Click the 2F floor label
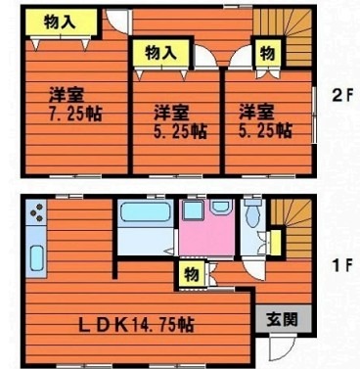[x=342, y=96]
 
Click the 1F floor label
[x=342, y=265]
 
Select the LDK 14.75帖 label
[x=137, y=325]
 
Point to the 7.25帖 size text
[x=75, y=114]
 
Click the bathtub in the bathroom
[x=146, y=211]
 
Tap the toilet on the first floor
[x=252, y=213]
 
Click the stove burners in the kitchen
[x=36, y=212]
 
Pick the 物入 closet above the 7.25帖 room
[x=62, y=22]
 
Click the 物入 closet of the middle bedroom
[x=161, y=53]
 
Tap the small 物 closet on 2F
[x=268, y=53]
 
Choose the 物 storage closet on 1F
[x=192, y=274]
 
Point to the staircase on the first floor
[x=292, y=228]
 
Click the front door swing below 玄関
[x=282, y=348]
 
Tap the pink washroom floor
[x=206, y=234]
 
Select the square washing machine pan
[x=193, y=210]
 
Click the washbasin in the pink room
[x=221, y=207]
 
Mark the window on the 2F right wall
[x=314, y=115]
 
